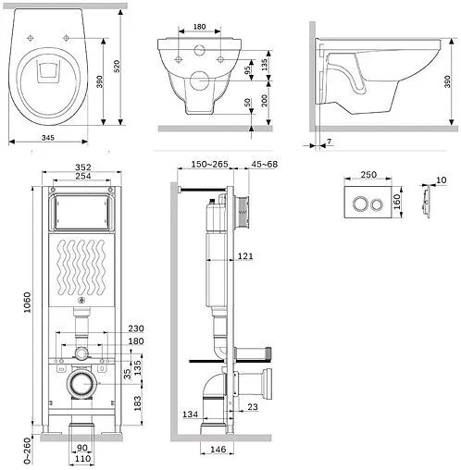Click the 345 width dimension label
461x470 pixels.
tap(48, 138)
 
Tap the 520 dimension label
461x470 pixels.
tap(117, 67)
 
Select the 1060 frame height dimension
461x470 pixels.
tap(28, 303)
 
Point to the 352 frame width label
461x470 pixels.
tap(83, 167)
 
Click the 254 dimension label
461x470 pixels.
tap(83, 176)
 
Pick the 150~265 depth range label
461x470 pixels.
tap(209, 165)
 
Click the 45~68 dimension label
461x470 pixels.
tap(265, 165)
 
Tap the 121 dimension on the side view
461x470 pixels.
tap(245, 256)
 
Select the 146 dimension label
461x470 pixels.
tap(218, 450)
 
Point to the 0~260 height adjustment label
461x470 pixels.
tap(28, 451)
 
